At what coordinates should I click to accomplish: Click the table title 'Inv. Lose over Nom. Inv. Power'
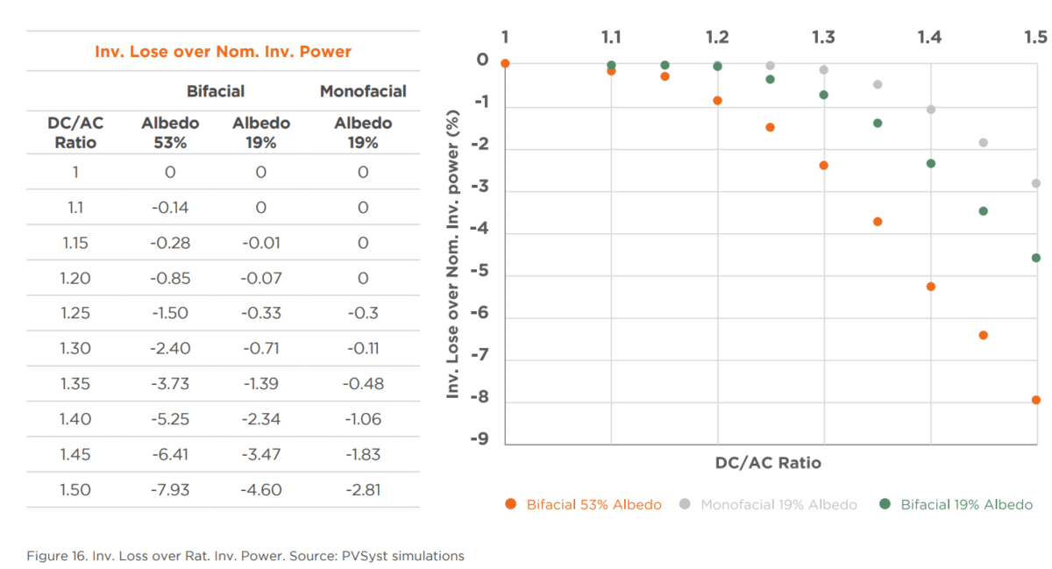point(223,52)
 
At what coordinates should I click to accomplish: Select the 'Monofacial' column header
point(363,91)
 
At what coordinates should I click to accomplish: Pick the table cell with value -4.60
point(260,489)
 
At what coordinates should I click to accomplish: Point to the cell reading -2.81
point(363,489)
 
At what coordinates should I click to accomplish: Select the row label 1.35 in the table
point(75,383)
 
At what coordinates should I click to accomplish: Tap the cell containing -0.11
point(363,348)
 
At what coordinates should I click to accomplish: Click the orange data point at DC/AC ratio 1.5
point(1036,400)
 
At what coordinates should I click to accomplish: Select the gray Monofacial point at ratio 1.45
point(984,143)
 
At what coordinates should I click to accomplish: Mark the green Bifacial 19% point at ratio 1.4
point(931,164)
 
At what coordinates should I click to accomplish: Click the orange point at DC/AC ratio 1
point(505,63)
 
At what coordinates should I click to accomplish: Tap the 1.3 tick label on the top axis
point(823,37)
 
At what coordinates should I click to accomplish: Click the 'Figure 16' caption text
point(245,556)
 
